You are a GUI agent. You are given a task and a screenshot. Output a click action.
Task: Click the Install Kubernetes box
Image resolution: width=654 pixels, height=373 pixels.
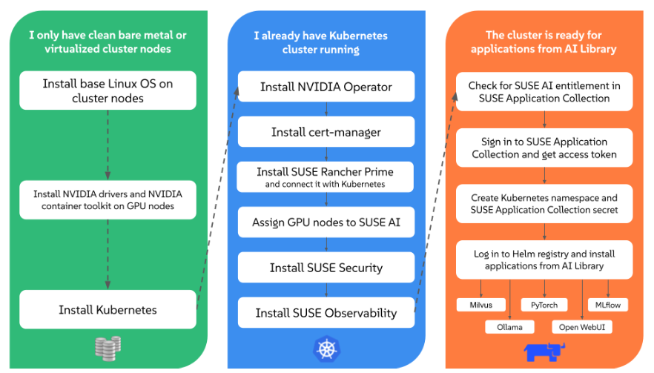coord(108,309)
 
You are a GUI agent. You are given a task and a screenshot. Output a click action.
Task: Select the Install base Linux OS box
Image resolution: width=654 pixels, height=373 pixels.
coord(108,90)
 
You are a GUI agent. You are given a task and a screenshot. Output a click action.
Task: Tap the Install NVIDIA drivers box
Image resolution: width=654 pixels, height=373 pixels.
coord(108,199)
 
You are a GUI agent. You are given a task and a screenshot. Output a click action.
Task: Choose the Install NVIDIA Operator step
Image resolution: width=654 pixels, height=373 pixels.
coord(326,87)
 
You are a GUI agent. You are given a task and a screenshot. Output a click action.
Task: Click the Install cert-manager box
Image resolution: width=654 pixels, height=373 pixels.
coord(326,132)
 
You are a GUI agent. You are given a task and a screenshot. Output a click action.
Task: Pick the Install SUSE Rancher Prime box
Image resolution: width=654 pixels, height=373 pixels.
coord(326,177)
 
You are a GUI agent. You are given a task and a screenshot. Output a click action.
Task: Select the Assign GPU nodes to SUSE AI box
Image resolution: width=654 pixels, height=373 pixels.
coord(326,222)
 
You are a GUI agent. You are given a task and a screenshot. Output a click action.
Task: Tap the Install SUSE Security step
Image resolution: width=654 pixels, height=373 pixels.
coord(326,268)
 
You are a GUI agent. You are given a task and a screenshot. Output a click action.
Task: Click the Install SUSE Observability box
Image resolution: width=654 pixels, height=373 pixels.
coord(326,313)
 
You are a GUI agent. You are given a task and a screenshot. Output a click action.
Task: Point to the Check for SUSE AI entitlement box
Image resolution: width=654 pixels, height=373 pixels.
coord(544,91)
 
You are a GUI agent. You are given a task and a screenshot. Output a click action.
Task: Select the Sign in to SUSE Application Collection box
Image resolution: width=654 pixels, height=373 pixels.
coord(544,148)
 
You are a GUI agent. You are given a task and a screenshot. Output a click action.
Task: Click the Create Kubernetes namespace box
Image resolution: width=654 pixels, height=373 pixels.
coord(544,204)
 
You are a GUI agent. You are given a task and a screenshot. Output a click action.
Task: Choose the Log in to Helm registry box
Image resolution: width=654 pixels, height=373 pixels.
coord(544,260)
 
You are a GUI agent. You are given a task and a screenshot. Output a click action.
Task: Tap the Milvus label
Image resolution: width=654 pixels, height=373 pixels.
coord(480,304)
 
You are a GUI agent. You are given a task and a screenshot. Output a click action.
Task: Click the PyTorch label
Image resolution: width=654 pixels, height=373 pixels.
coord(544,304)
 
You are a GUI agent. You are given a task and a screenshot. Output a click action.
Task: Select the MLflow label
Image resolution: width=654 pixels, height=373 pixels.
coord(608,304)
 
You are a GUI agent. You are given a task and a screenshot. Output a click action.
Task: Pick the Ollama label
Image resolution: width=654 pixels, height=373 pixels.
coord(510,326)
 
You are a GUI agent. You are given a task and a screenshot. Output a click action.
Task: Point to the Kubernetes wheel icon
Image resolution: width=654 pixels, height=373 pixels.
coord(326,348)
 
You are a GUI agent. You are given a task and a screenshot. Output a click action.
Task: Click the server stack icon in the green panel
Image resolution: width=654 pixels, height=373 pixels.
coord(108,348)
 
